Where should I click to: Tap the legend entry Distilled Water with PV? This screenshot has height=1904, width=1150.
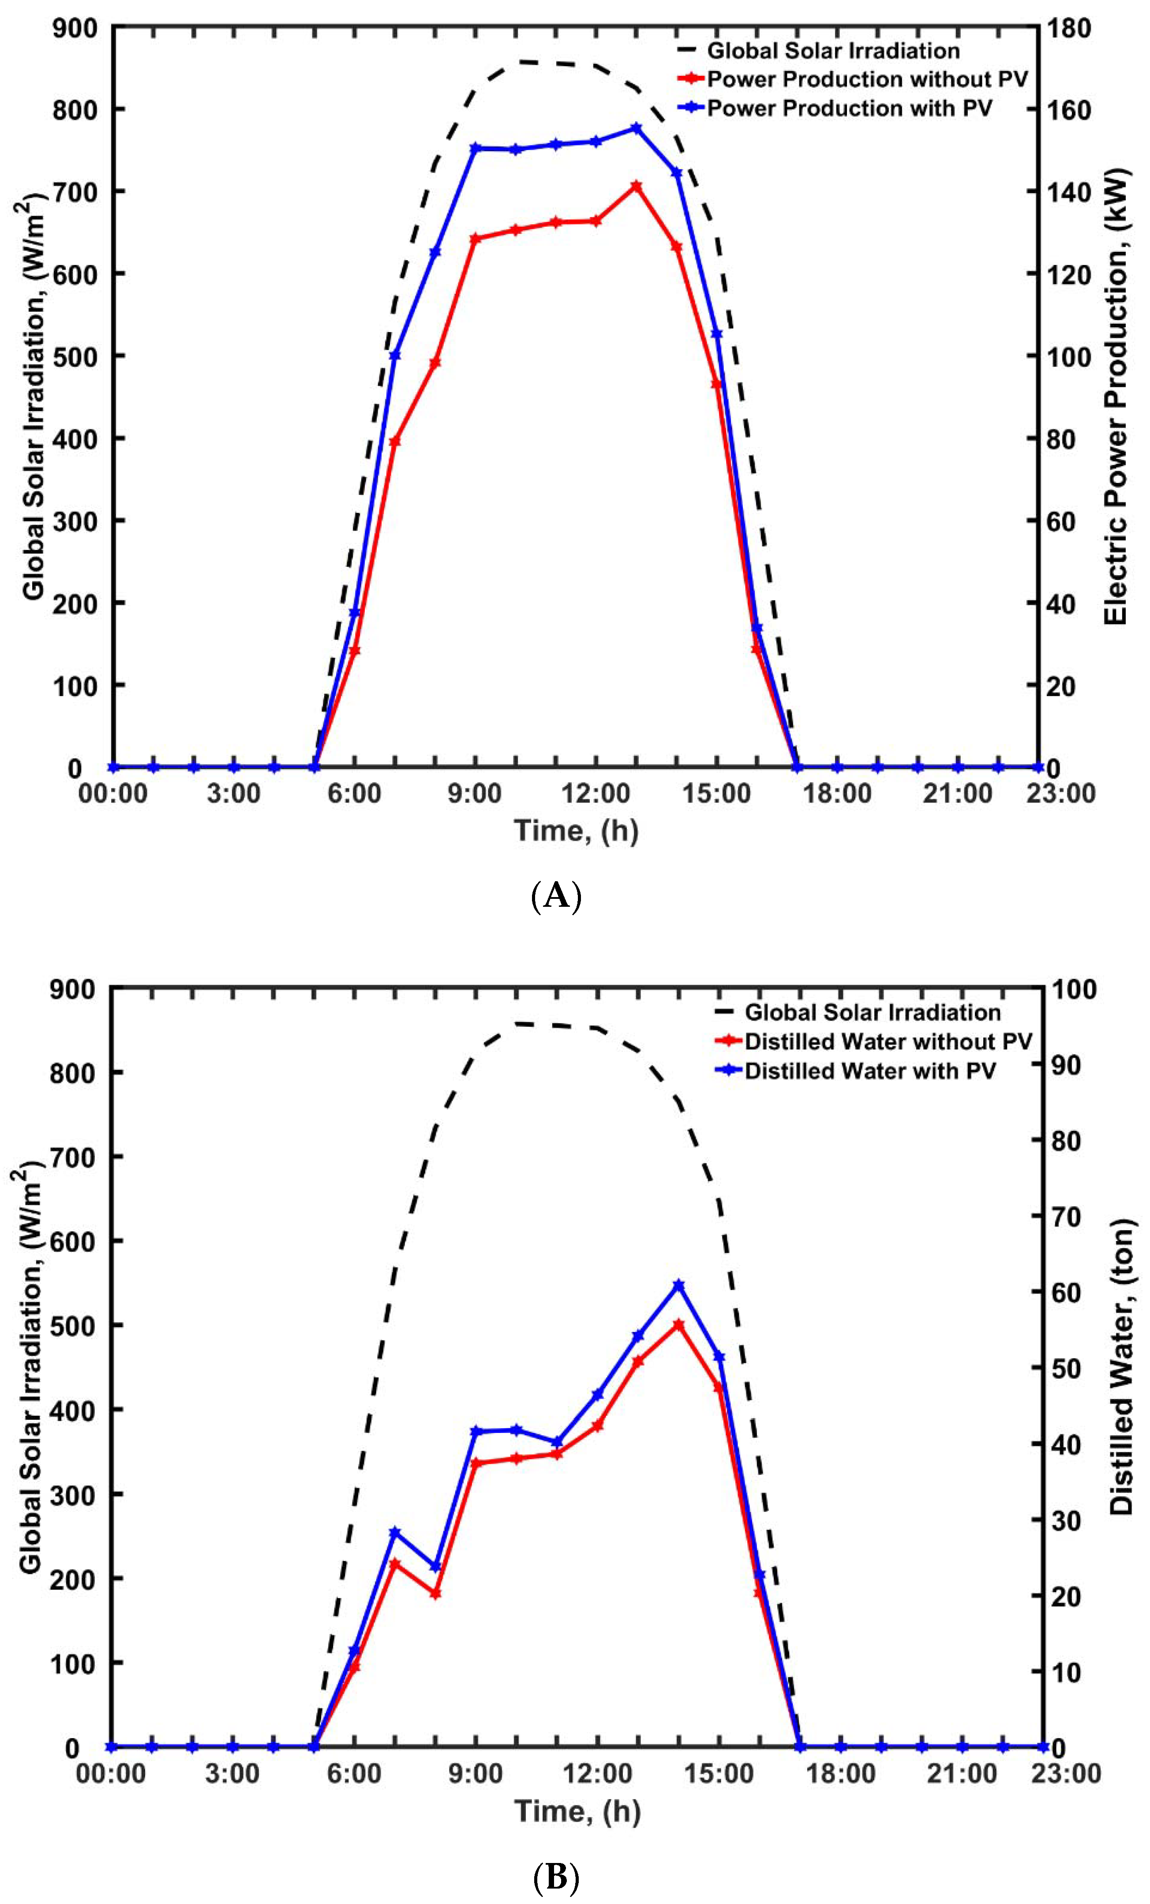[x=869, y=1071]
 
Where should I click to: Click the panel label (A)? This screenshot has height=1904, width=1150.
[x=556, y=896]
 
